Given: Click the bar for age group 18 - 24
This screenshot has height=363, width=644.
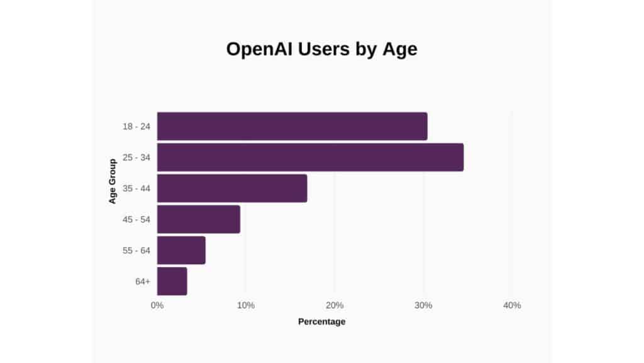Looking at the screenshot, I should (x=292, y=126).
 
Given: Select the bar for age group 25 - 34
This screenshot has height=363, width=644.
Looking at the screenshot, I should (x=310, y=157).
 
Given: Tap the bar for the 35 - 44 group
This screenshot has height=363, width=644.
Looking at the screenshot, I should (x=232, y=188).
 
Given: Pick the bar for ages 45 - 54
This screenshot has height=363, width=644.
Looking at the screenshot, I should (x=199, y=219).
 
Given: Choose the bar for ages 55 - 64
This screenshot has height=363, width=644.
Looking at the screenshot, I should (x=181, y=250).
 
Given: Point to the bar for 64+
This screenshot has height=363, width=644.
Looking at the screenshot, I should (x=172, y=281).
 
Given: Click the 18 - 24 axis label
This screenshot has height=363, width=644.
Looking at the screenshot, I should (x=136, y=126).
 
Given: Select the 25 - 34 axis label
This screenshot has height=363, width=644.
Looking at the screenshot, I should (x=136, y=157).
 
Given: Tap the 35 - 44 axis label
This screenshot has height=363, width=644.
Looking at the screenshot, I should (x=136, y=188).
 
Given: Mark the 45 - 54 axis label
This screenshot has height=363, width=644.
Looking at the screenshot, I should (x=136, y=219).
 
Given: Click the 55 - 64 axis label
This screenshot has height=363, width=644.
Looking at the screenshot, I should (x=136, y=250).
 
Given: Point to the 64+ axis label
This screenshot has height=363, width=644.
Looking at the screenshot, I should (x=143, y=281).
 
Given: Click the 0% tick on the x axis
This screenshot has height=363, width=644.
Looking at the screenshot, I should (x=157, y=306).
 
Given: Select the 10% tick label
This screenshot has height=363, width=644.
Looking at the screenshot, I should (x=246, y=306).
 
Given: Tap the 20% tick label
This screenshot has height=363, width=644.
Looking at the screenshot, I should (x=335, y=306).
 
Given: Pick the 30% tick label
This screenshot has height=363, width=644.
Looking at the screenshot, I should (x=423, y=306).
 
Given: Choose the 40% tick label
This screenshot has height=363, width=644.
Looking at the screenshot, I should (x=512, y=306).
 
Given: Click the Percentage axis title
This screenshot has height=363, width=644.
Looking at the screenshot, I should (x=321, y=322).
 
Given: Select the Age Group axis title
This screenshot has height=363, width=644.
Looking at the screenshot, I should (x=113, y=181).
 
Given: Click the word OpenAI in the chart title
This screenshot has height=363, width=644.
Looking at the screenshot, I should (x=259, y=50).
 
